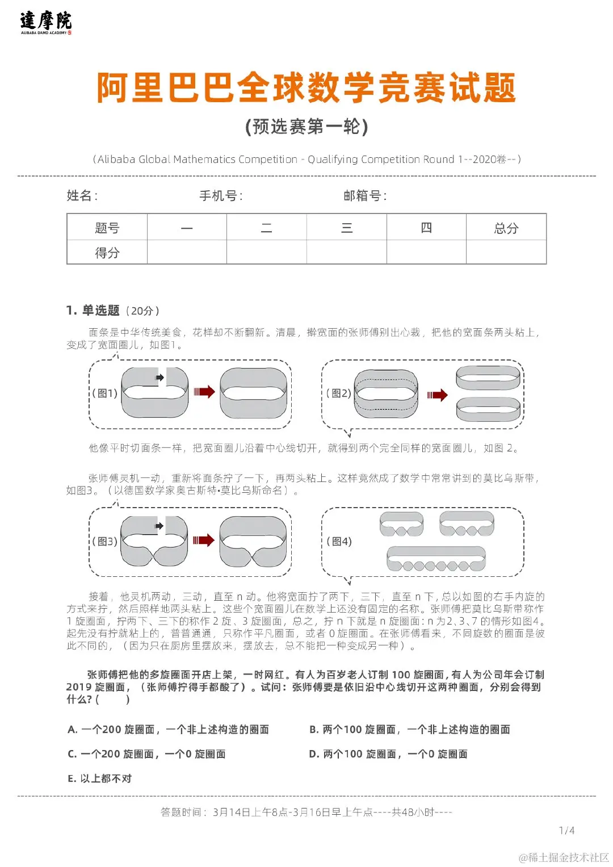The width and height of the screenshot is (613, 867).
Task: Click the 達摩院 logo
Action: (46, 22)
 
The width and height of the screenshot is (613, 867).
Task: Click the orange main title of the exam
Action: (306, 88)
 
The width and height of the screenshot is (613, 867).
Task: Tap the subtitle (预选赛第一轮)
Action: (306, 126)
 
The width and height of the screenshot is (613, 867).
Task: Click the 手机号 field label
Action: (221, 196)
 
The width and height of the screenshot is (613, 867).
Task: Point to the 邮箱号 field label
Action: (365, 196)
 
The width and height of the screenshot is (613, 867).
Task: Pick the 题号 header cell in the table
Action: (107, 228)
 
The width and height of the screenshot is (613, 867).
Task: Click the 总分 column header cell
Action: (506, 228)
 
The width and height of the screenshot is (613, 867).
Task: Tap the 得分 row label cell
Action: (107, 253)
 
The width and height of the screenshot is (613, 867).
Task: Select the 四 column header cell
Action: (426, 228)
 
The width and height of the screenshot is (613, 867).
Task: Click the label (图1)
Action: (106, 393)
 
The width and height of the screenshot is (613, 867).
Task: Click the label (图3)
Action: (106, 541)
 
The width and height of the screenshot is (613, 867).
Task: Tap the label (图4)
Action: (339, 541)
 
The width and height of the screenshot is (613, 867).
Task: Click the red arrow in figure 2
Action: (437, 395)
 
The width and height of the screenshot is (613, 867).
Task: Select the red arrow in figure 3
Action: (203, 540)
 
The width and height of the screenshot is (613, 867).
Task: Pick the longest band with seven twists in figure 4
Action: (436, 559)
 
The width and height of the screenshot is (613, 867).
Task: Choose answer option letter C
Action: (72, 754)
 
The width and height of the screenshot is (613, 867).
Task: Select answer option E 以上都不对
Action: (100, 778)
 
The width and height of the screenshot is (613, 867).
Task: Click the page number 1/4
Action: (566, 831)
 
